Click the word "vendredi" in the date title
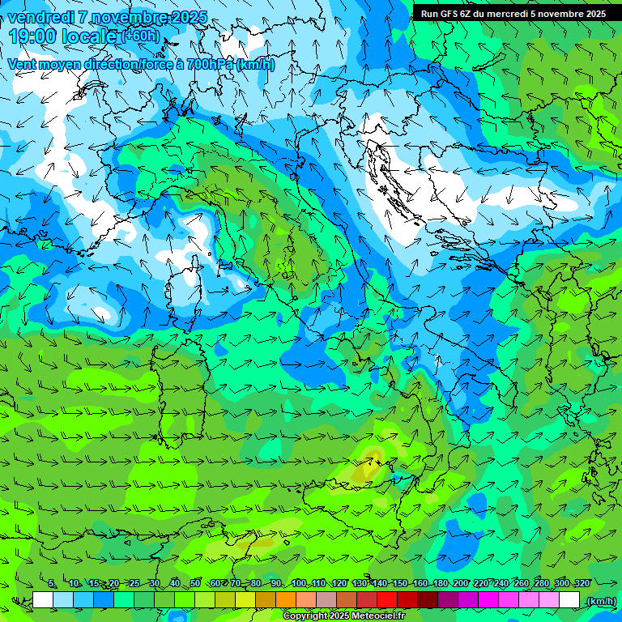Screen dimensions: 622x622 click(39, 18)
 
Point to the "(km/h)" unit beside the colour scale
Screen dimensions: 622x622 click(600, 601)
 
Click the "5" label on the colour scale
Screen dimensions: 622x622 click(53, 584)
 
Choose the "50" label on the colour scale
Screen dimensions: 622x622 click(195, 584)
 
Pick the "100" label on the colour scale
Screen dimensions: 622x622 click(299, 584)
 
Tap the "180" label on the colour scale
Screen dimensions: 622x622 click(441, 584)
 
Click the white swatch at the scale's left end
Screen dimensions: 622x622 click(43, 600)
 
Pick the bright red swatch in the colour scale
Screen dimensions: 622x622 click(387, 600)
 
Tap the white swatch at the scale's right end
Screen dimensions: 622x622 click(569, 600)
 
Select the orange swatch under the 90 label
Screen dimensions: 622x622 click(286, 600)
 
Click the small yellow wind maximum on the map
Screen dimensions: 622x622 click(371, 465)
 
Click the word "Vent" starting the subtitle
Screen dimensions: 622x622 click(23, 65)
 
